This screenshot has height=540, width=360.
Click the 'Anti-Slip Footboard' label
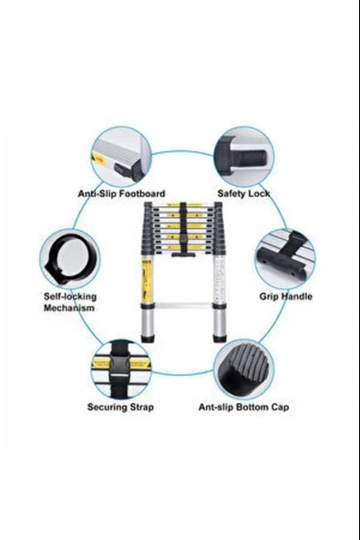click(121, 193)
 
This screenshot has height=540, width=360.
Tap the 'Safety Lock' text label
click(243, 193)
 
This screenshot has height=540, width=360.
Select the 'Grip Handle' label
click(286, 296)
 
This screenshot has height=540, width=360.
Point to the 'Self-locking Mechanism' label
click(70, 302)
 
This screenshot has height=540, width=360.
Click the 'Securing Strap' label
click(120, 407)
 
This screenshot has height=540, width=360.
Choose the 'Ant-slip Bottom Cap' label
click(243, 407)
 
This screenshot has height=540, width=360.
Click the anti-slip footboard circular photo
click(121, 157)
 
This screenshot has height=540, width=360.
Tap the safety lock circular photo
click(244, 157)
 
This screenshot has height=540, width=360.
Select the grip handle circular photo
click(285, 260)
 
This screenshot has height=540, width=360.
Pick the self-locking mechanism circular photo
click(69, 259)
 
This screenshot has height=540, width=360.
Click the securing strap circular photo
click(121, 369)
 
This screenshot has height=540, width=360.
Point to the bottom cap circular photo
click(244, 369)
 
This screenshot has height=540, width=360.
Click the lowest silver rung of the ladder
click(184, 306)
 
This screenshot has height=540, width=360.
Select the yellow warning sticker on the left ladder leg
click(148, 279)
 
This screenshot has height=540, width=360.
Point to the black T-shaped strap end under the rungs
click(184, 255)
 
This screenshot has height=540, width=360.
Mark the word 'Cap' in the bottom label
click(280, 408)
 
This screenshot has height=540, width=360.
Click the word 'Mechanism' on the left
click(69, 308)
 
